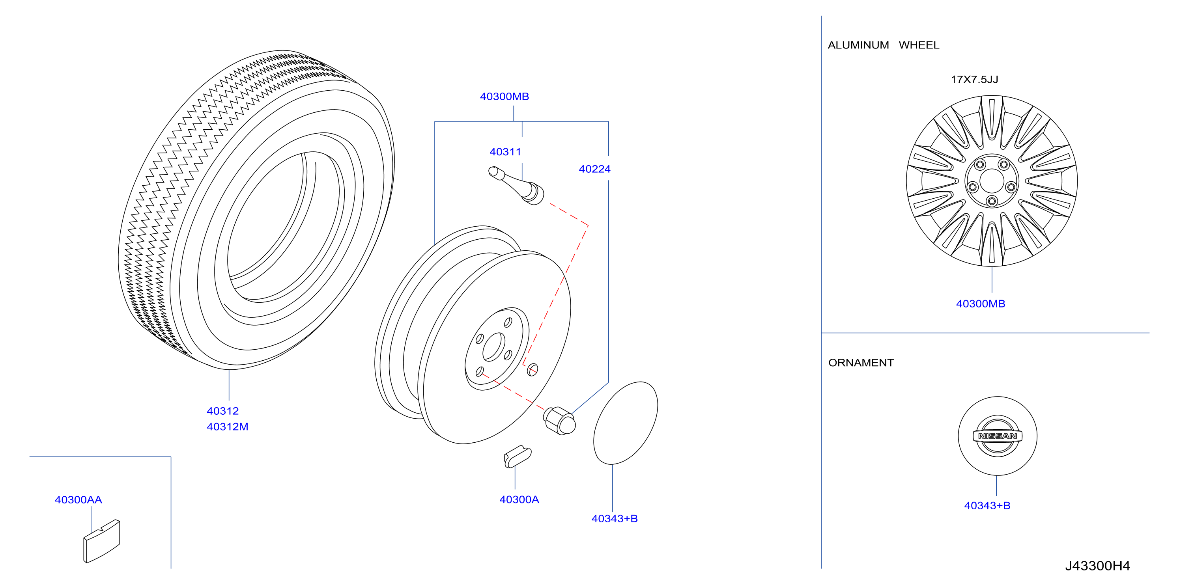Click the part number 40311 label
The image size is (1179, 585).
pos(505,152)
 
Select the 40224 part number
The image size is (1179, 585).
pos(594,169)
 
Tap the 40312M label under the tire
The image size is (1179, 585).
pos(228,427)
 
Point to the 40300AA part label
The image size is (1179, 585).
pos(78,500)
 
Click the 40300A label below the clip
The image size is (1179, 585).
pos(519,499)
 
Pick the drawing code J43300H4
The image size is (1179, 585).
pos(1097,566)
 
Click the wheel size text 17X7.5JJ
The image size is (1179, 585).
pos(974,80)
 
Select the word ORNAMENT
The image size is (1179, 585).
pos(861,363)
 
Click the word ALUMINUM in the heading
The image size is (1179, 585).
pos(858,45)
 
